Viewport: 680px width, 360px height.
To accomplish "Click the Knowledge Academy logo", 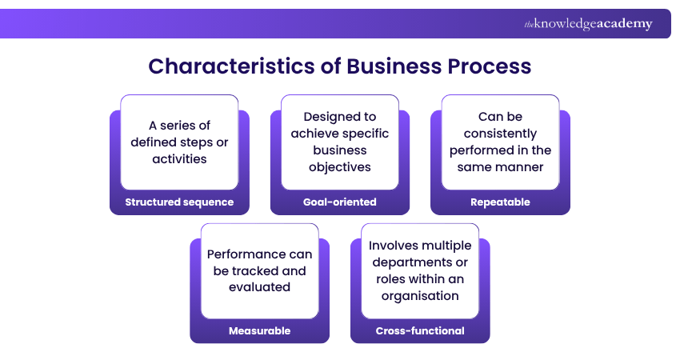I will (588, 24).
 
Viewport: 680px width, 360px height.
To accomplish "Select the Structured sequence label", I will (179, 202).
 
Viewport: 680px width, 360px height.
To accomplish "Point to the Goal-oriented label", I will (339, 202).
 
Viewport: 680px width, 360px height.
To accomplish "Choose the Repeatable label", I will (500, 202).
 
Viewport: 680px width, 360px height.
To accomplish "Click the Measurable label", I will (259, 330).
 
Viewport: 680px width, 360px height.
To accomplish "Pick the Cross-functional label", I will (420, 330).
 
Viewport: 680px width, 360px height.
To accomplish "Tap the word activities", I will (179, 158).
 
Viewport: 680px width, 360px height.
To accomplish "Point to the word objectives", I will (340, 166).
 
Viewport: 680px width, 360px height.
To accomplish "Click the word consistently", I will (500, 134).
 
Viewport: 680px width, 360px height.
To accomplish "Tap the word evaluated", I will (259, 286).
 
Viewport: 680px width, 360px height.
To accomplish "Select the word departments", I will (411, 262).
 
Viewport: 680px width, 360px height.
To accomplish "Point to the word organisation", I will (420, 295).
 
